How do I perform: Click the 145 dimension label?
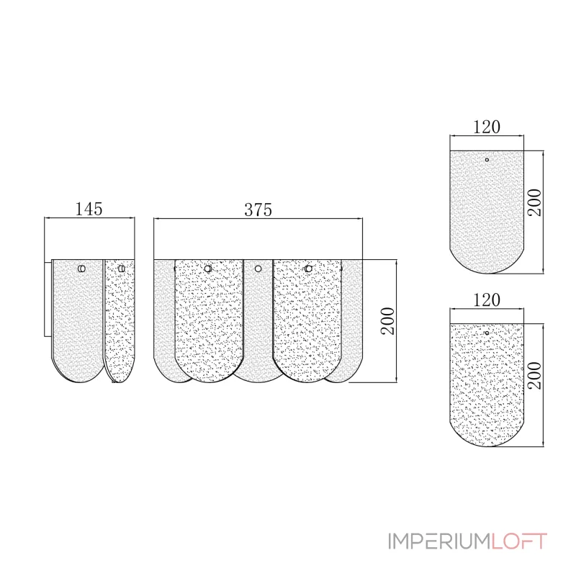click(x=89, y=209)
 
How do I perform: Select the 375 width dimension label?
click(x=258, y=210)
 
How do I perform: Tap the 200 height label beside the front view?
click(x=388, y=321)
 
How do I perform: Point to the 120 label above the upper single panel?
click(x=487, y=127)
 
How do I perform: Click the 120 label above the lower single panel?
click(x=487, y=300)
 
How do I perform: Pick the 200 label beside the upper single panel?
click(x=535, y=202)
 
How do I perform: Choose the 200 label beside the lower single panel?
click(x=535, y=375)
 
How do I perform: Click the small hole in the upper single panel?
click(x=487, y=160)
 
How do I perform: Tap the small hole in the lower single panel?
click(x=487, y=333)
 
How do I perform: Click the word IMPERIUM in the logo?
click(x=439, y=541)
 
